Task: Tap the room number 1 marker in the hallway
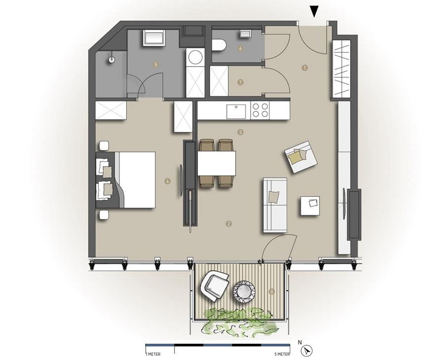coord(305,68)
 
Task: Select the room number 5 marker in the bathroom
coord(156,64)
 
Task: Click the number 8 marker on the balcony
coord(271,292)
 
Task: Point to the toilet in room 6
coord(219,45)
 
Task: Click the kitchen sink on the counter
coord(236,111)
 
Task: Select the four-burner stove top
coord(260,110)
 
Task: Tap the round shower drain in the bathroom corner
coord(112,58)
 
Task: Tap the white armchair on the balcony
coord(214,285)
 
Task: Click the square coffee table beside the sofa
coord(310,206)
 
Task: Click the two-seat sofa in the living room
coord(274,204)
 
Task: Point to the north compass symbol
coord(308,351)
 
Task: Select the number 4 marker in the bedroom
coord(168,181)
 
